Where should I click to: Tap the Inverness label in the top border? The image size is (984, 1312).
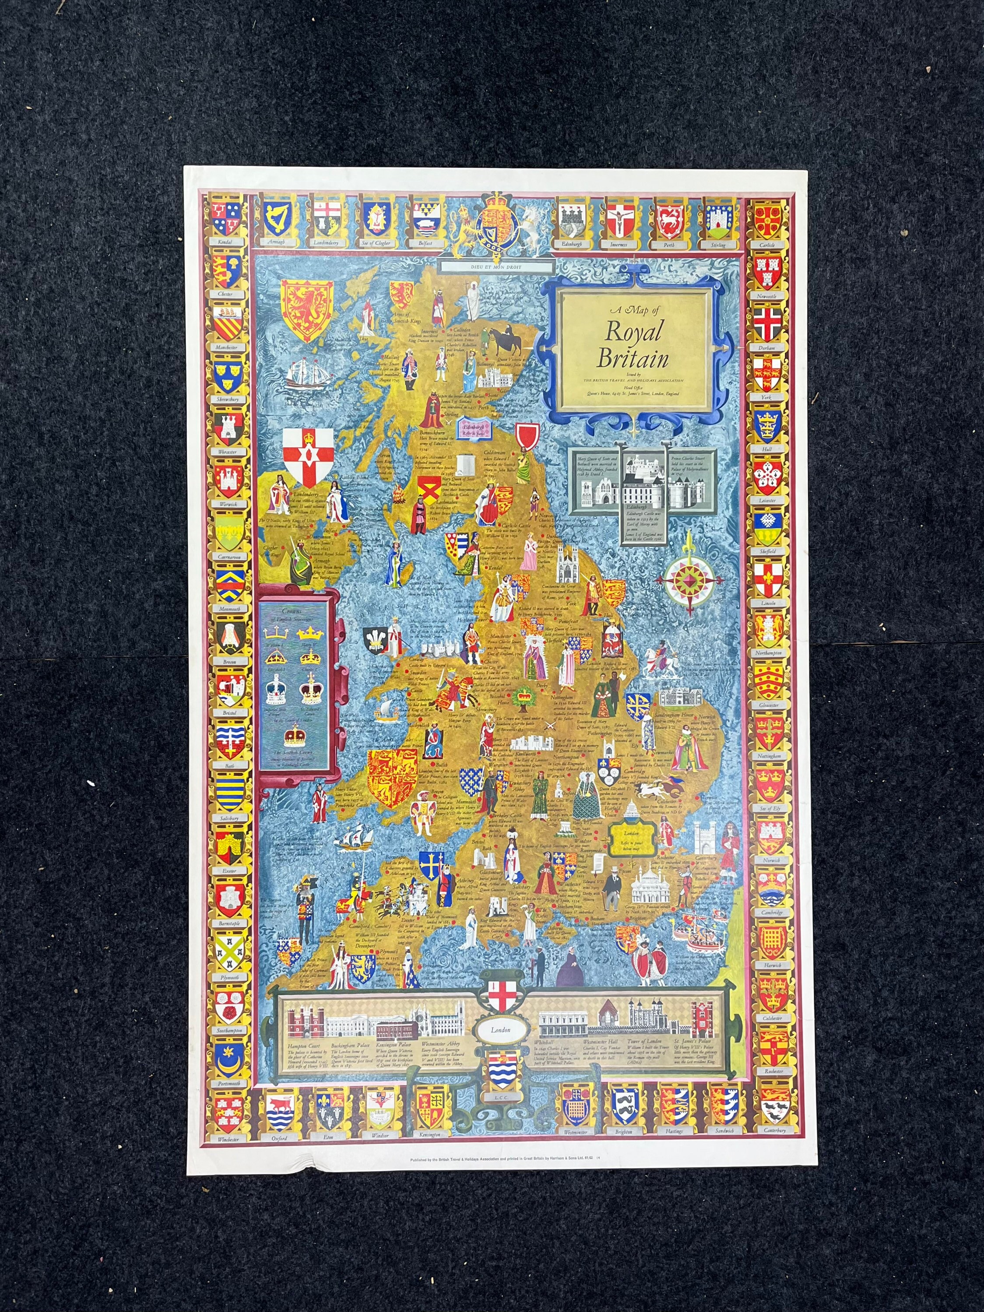[619, 244]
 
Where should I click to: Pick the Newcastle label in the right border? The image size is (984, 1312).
[766, 296]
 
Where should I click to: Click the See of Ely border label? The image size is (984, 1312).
[769, 808]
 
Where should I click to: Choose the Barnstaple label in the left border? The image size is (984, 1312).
[229, 923]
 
